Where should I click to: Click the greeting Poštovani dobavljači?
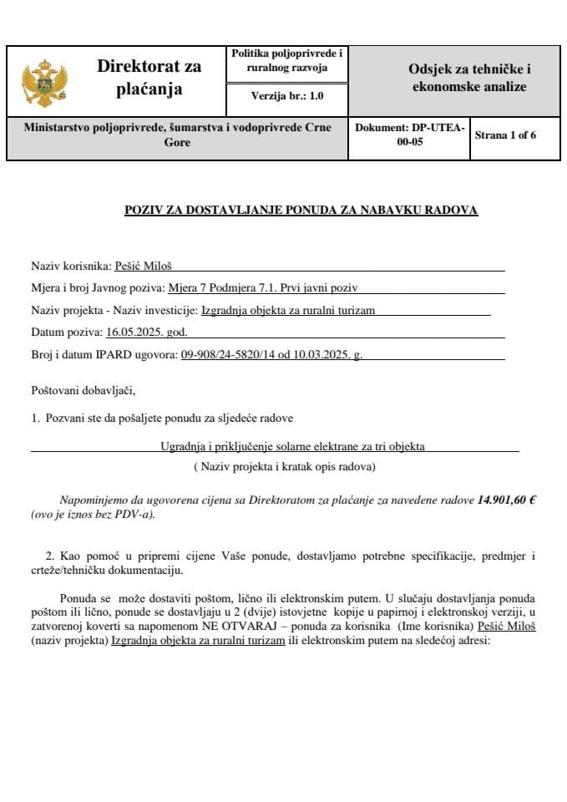pos(83,390)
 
